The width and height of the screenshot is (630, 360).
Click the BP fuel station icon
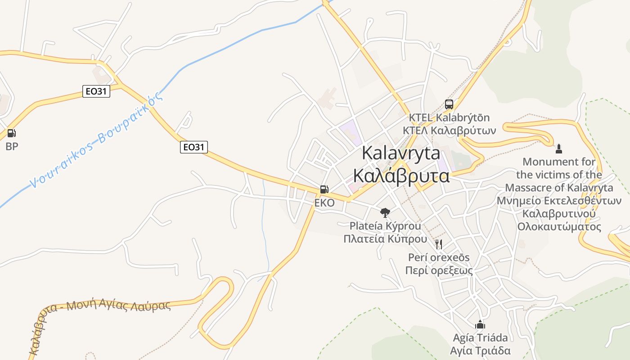(x=12, y=133)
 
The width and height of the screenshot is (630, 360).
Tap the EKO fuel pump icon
(x=324, y=189)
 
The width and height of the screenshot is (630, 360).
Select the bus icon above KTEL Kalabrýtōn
(x=449, y=104)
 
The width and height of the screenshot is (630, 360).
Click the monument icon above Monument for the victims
(x=559, y=148)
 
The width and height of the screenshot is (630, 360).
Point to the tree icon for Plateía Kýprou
(x=385, y=212)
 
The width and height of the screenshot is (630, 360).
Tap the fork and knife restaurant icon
(x=439, y=244)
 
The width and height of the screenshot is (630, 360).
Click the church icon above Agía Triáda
(x=480, y=324)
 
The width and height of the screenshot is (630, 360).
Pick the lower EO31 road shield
(x=194, y=147)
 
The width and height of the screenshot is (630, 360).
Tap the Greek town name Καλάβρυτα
(x=401, y=175)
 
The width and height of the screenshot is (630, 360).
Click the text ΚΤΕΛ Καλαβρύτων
(x=449, y=130)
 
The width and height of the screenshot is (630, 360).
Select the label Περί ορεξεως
(x=439, y=270)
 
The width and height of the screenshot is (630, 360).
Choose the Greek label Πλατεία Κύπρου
(x=385, y=238)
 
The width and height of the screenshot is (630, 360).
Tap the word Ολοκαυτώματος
(x=559, y=226)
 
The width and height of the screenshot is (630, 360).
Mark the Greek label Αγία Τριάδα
(x=480, y=351)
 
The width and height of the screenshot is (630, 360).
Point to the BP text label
(x=12, y=146)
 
